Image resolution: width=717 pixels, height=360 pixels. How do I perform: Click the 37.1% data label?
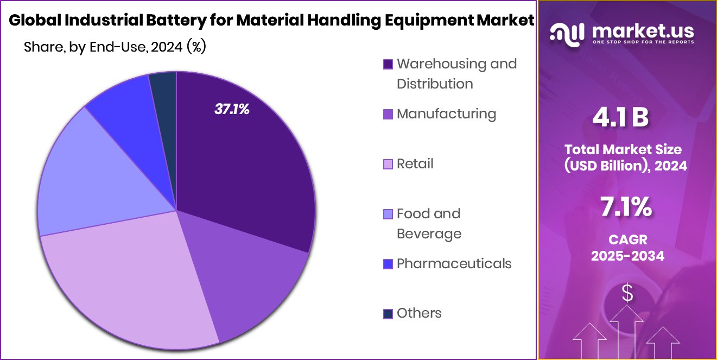[232, 109]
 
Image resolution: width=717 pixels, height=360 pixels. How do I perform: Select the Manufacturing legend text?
[446, 113]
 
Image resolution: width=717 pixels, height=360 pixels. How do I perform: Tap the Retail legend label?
[415, 163]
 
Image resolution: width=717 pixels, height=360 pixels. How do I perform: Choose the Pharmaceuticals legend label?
[454, 263]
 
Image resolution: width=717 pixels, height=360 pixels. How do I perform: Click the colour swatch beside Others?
[388, 314]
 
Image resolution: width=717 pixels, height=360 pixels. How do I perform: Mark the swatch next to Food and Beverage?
[388, 214]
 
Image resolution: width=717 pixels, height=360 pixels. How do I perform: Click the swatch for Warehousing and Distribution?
[388, 65]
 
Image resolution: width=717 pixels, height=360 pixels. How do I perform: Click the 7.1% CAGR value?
[626, 208]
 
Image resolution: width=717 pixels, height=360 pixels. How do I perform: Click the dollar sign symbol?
[627, 294]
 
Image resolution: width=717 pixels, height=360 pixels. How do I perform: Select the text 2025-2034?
[627, 256]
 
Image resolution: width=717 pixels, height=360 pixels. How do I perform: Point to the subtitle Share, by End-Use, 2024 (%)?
[115, 47]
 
